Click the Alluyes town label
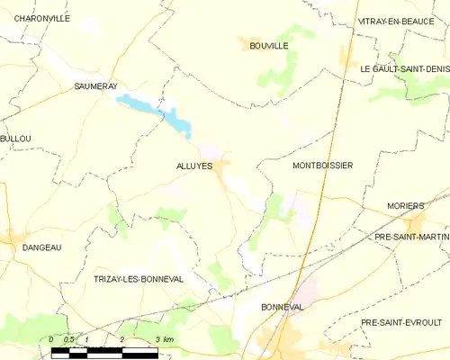point(194,166)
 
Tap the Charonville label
point(42,18)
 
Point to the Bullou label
point(15,139)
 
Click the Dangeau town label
point(41,247)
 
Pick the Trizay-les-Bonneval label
point(139,279)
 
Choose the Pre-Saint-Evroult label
point(400,321)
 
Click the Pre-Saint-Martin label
point(410,236)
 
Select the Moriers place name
point(405,206)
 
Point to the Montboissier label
point(322,166)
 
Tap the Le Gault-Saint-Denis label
point(403,68)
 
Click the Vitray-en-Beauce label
point(401,21)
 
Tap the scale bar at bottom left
point(103,350)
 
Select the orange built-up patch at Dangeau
point(16,237)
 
